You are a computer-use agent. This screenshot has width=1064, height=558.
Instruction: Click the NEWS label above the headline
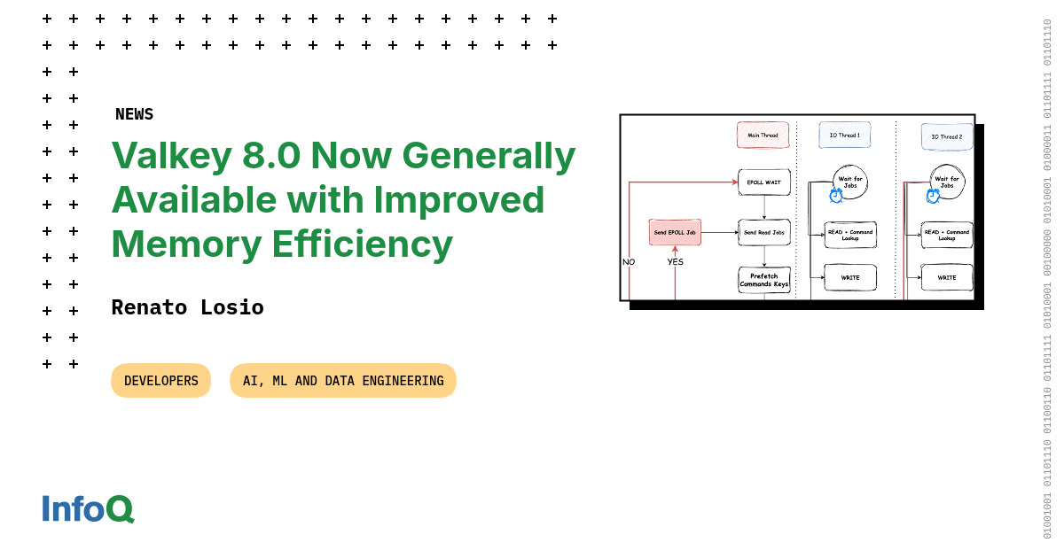click(x=134, y=114)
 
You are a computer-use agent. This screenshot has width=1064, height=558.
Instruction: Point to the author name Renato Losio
click(x=187, y=307)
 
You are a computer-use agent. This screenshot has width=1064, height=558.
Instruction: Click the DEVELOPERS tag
click(x=160, y=381)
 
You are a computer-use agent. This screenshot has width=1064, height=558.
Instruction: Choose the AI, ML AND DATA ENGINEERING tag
click(x=342, y=381)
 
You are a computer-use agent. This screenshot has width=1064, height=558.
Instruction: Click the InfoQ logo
click(x=88, y=508)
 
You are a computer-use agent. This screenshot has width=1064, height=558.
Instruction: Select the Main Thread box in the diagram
click(x=763, y=136)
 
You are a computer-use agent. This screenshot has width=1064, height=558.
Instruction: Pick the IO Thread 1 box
click(x=844, y=136)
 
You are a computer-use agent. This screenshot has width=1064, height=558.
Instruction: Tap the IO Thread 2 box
click(x=946, y=136)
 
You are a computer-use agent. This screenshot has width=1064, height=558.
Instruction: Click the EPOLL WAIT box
click(x=763, y=182)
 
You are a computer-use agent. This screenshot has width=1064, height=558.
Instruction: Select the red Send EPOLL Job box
click(x=675, y=232)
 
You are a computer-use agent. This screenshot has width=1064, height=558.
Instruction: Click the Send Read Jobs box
click(x=763, y=232)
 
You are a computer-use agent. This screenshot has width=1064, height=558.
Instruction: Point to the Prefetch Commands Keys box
click(x=763, y=280)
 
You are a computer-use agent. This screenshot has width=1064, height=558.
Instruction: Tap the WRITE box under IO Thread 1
click(x=850, y=277)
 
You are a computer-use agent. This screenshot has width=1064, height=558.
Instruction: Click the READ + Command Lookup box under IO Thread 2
click(x=947, y=235)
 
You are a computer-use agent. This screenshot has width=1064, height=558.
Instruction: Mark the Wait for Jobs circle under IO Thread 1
click(x=849, y=182)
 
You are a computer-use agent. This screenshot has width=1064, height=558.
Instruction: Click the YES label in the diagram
click(x=675, y=261)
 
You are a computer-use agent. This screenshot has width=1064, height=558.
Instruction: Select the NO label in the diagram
click(x=629, y=261)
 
